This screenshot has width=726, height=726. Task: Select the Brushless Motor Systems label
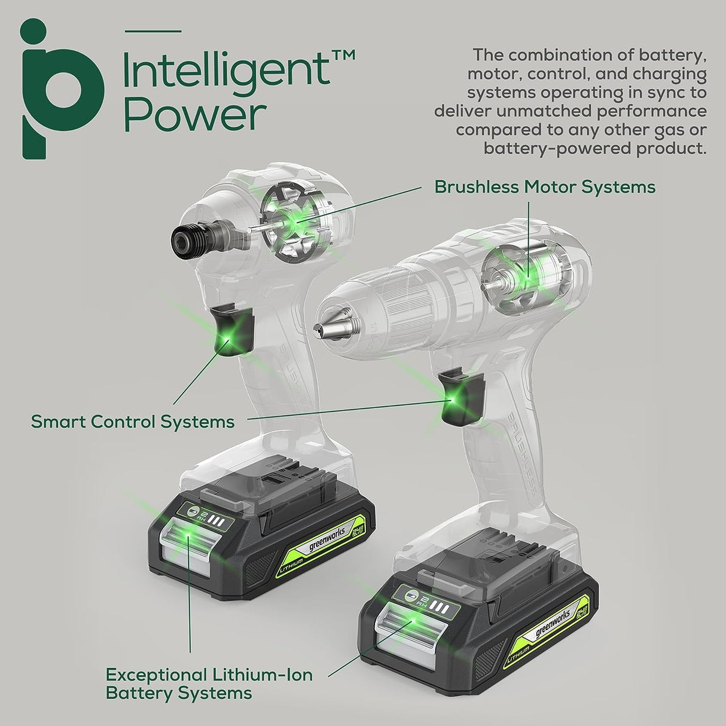pos(544,187)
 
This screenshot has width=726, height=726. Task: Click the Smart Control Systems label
pos(132,422)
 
